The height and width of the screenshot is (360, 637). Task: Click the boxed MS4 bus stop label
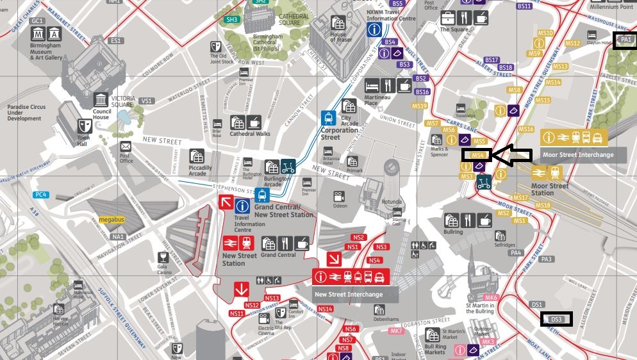pos(476,154)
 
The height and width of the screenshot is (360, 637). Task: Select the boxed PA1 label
pos(625,40)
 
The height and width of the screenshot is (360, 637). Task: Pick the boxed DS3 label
pos(556,319)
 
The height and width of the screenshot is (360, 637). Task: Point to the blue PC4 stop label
pos(41,194)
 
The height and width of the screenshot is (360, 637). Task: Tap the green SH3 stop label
pos(231,20)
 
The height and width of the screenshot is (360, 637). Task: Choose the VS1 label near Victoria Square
pos(147,101)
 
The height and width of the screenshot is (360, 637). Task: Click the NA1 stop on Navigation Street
pos(118,237)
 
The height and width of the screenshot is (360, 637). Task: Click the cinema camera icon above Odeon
pos(339,196)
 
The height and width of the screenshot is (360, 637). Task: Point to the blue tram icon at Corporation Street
pos(329,118)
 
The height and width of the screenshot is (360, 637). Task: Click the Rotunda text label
pos(392,201)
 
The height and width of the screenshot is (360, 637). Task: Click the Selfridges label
pos(504,245)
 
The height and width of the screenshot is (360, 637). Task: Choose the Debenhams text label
pos(386,319)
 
